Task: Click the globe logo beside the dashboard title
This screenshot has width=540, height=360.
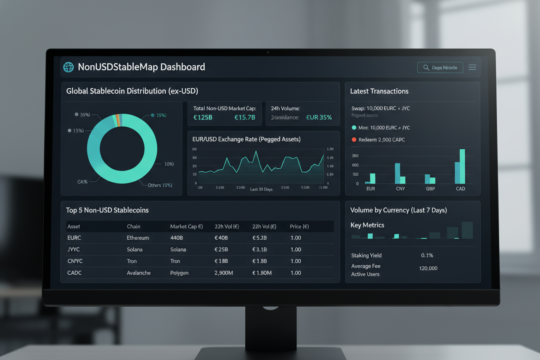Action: point(68,67)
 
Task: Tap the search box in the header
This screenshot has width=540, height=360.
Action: point(440,67)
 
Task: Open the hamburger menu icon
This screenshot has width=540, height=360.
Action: point(472,67)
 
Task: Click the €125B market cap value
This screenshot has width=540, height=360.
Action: point(202,117)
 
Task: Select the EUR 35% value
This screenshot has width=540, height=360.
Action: point(319,117)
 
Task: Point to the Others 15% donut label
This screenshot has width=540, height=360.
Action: point(160,185)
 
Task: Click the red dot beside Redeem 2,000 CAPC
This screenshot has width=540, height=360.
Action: point(354,140)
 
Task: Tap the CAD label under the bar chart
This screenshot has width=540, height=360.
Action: point(460,189)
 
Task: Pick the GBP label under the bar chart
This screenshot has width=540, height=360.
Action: point(430,189)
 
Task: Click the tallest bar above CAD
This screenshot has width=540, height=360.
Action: point(462,166)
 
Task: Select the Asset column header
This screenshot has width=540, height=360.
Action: point(74,226)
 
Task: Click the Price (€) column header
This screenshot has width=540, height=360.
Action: point(299,226)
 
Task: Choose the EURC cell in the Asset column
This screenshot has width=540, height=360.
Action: point(74,238)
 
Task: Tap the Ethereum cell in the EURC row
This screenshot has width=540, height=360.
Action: point(138,238)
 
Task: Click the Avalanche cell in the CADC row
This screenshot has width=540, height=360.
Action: point(139,273)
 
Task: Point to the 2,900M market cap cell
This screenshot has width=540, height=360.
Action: point(224,273)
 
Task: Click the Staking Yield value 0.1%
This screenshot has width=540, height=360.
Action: point(427,255)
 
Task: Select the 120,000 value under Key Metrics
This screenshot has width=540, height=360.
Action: point(428,268)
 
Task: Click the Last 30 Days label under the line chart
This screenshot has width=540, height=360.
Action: point(261,189)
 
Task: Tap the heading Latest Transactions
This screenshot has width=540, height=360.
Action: point(379,91)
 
